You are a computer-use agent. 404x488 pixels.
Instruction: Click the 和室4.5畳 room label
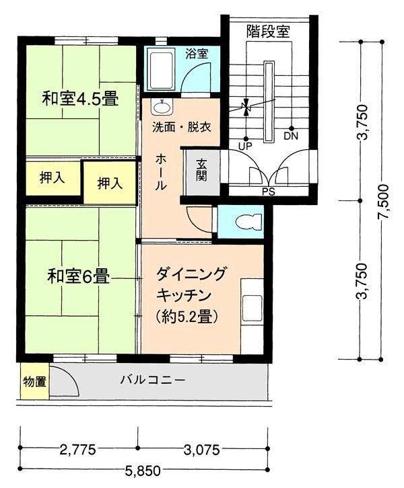(x=80, y=99)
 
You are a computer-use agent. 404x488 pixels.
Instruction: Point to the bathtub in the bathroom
(x=162, y=70)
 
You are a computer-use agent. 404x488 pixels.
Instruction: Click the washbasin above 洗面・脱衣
(x=162, y=107)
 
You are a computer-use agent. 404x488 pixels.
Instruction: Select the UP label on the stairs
(x=245, y=145)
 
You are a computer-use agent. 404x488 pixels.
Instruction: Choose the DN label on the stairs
(x=291, y=136)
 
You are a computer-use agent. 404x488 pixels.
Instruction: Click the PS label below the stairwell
(x=268, y=191)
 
